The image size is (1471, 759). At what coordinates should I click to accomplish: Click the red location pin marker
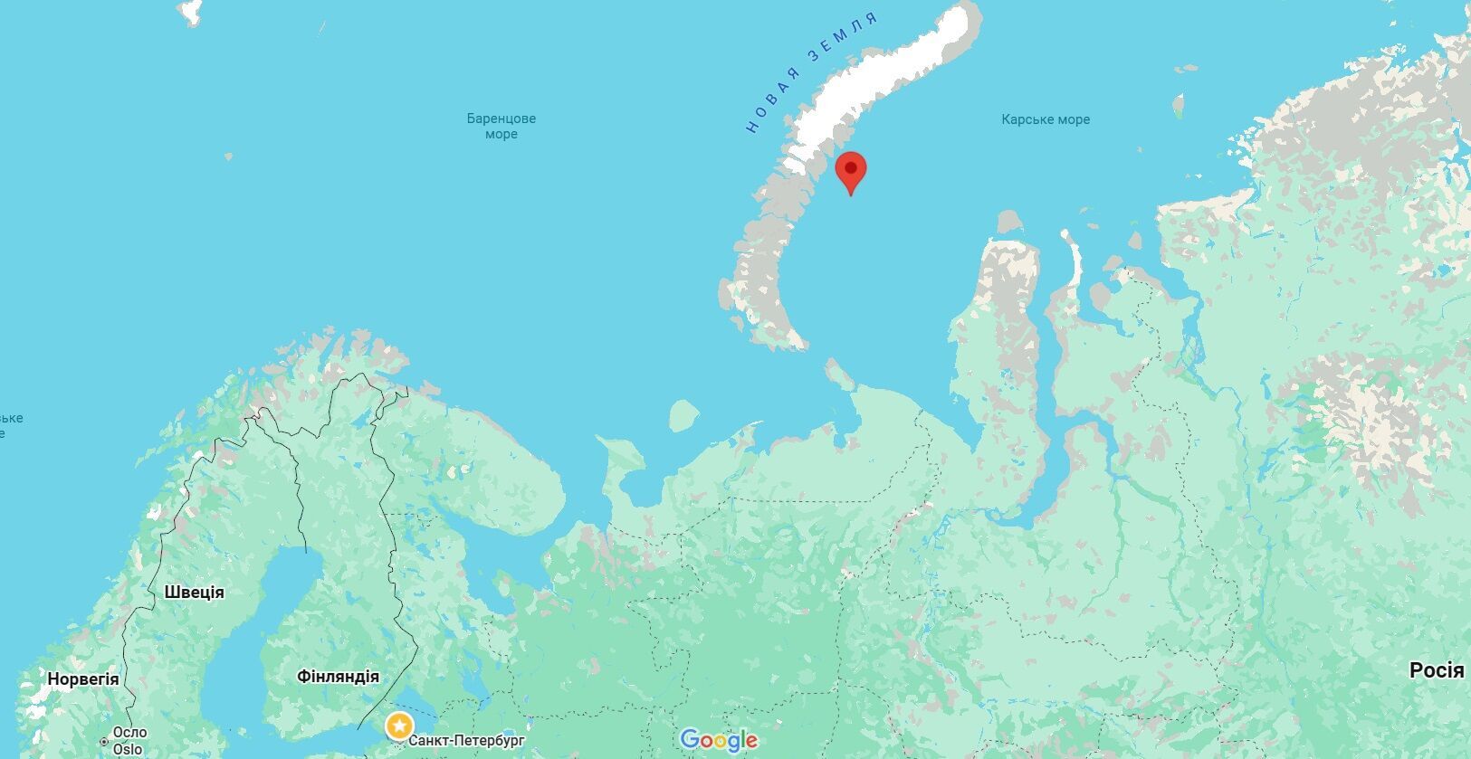(850, 172)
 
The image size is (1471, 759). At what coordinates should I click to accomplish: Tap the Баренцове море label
(501, 126)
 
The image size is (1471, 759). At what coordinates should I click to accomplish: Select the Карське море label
(1046, 119)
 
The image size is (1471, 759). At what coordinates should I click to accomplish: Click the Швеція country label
(194, 593)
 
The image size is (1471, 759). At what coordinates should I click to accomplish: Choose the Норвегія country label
(82, 679)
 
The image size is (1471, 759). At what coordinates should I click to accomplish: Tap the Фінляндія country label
(338, 677)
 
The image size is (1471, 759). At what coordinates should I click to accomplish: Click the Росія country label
(1436, 670)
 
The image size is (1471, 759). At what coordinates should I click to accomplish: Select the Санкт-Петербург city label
(466, 741)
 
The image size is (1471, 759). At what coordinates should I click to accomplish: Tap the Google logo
(719, 740)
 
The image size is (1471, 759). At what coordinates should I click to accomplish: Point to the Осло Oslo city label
(129, 741)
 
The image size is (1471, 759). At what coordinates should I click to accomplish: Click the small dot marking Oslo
(104, 742)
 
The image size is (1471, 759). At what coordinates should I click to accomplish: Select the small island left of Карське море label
(1178, 106)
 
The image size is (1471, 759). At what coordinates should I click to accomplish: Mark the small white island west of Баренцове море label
(227, 157)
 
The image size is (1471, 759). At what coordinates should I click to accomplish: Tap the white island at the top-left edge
(190, 11)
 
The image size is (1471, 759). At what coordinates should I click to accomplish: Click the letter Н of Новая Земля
(751, 128)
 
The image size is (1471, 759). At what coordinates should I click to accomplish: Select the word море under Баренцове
(501, 135)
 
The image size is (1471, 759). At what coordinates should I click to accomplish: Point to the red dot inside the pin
(851, 167)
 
